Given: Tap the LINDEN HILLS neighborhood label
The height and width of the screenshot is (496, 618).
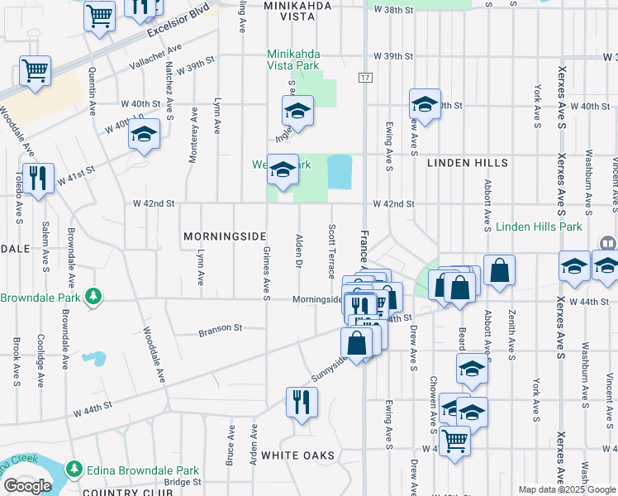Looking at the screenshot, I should [x=467, y=164].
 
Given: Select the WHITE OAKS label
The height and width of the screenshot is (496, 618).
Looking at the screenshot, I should [x=297, y=455].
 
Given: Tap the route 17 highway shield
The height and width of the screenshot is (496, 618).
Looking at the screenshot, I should [x=364, y=78].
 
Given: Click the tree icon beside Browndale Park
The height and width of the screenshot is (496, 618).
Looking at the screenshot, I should [x=93, y=296].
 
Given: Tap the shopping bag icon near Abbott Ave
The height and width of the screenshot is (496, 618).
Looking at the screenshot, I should [x=500, y=270].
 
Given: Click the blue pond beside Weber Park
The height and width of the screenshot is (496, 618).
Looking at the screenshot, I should [x=339, y=171].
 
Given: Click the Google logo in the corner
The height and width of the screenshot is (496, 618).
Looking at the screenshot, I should [x=27, y=486].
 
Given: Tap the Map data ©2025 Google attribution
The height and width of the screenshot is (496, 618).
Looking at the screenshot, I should [x=566, y=489].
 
